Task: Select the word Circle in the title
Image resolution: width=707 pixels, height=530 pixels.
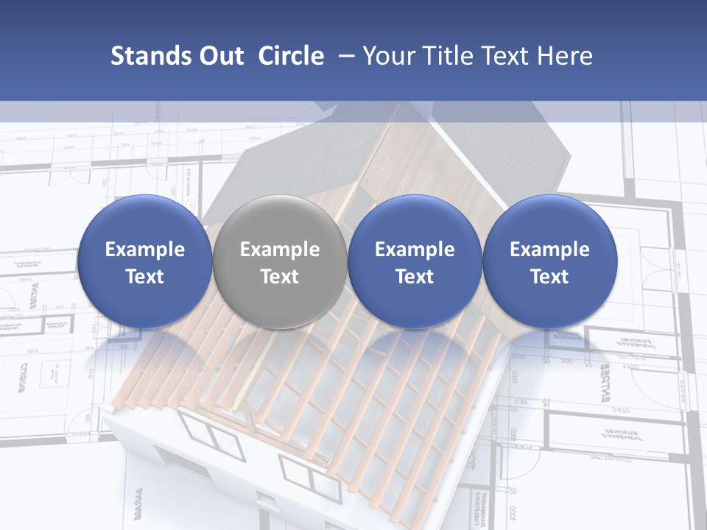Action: [x=291, y=56]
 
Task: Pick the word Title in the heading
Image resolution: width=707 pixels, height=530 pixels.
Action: [x=449, y=56]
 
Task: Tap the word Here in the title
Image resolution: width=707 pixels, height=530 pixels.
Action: [x=566, y=56]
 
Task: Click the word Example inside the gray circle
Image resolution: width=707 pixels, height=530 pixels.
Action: [x=280, y=250]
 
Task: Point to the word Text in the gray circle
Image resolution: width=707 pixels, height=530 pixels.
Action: [x=280, y=277]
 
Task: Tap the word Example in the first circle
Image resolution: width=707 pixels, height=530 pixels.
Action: [x=144, y=250]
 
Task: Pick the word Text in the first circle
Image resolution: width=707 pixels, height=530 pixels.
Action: [x=144, y=277]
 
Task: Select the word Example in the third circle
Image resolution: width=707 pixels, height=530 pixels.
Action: [x=415, y=250]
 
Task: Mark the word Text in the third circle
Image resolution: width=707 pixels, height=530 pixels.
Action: [x=415, y=277]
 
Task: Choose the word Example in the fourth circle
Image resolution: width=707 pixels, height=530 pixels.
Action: [x=549, y=250]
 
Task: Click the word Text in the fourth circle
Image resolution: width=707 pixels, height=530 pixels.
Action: [x=549, y=277]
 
